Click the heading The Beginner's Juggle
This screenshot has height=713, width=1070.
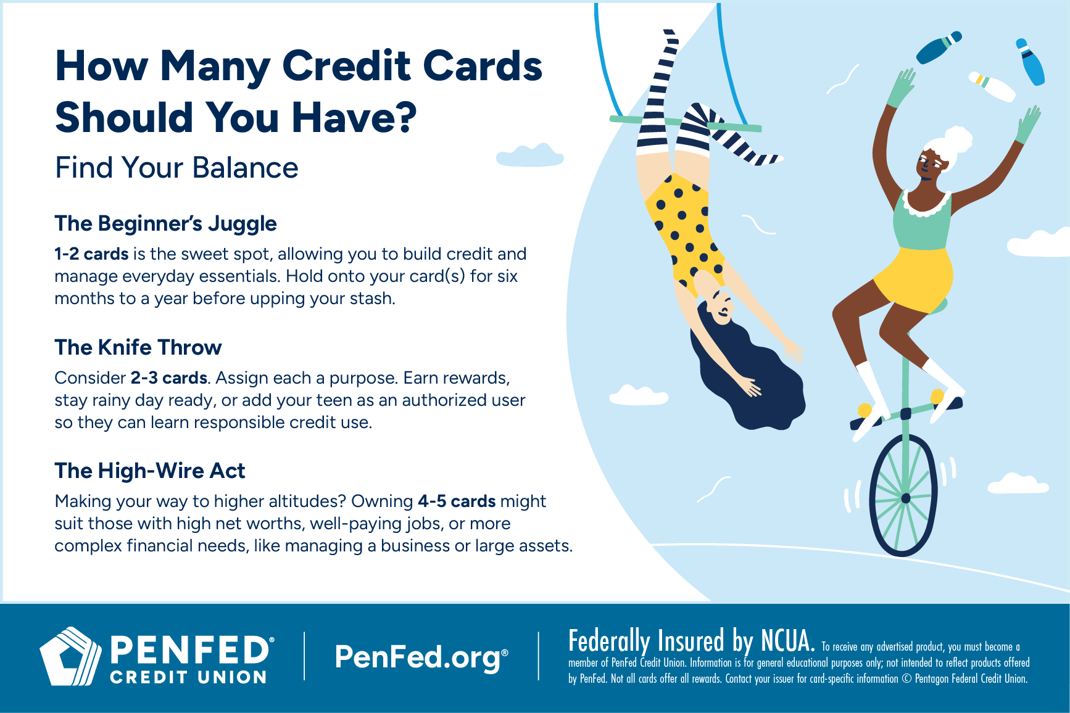coord(165,223)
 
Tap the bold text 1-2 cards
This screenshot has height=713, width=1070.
coord(91,254)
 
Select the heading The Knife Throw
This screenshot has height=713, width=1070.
coord(138,347)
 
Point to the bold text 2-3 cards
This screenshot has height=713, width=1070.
coord(168,377)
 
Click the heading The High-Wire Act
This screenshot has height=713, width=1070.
coord(149,471)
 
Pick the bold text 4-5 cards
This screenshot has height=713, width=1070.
coord(457,501)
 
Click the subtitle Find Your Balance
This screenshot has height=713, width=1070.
coord(176,168)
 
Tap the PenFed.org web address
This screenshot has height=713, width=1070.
coord(421,657)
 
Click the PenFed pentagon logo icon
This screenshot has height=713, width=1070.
coord(70,656)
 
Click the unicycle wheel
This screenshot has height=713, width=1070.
coord(905,497)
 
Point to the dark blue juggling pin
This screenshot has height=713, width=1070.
coord(938,48)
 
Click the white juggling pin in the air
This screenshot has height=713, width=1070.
coord(992,86)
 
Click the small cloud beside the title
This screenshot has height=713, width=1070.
coord(530,156)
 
